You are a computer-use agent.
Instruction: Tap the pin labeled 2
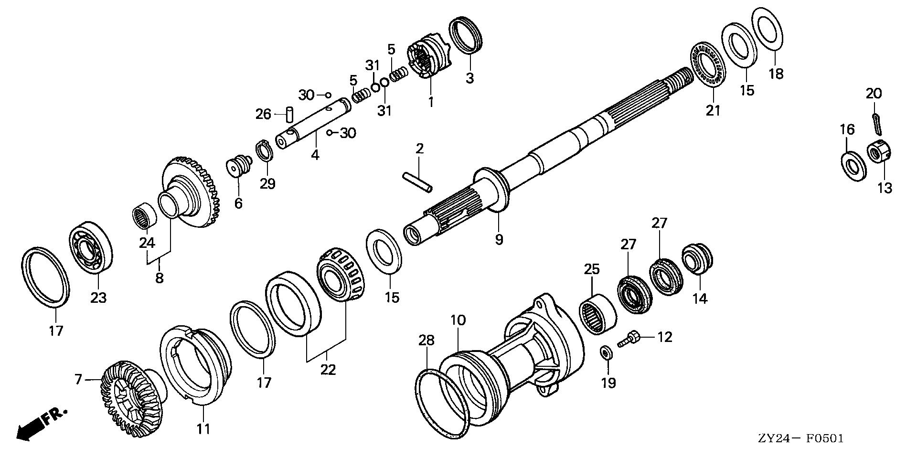[417, 182]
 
